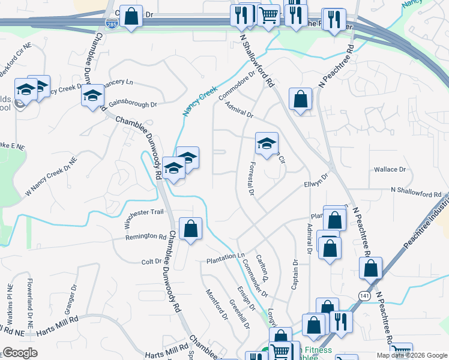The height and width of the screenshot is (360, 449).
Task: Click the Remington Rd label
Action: [x=145, y=237]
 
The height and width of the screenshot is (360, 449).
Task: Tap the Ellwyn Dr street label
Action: [x=316, y=181]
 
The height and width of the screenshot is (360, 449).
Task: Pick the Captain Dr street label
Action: [x=295, y=275]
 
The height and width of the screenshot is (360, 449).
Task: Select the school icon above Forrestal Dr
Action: [x=267, y=143]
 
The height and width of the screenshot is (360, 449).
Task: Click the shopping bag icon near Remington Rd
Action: [x=190, y=228]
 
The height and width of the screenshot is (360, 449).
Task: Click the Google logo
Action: [x=20, y=353]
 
